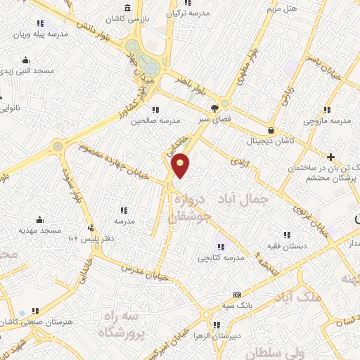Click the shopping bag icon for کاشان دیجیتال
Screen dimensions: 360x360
(x=271, y=129)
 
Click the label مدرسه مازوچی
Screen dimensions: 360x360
(x=326, y=121)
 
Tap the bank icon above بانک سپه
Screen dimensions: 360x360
(x=237, y=295)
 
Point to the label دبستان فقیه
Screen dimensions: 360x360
(x=285, y=245)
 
